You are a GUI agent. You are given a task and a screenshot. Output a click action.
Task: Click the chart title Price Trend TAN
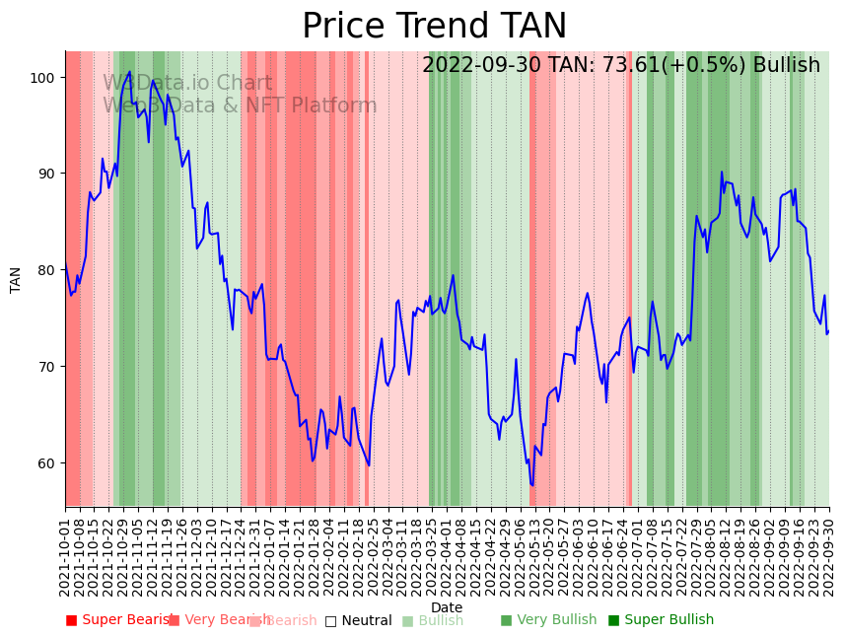point(434,27)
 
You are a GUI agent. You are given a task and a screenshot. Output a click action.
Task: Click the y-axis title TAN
point(16,280)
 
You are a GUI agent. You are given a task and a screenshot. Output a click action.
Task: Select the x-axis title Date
point(447,607)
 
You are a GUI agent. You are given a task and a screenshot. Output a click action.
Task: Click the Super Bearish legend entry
point(120,620)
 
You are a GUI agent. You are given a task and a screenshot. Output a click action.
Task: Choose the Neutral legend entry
point(358,620)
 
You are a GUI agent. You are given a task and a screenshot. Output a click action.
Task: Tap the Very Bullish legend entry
point(548,620)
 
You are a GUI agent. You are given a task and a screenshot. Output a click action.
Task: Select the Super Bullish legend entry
point(661,620)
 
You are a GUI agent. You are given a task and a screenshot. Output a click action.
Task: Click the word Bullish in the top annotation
point(786,66)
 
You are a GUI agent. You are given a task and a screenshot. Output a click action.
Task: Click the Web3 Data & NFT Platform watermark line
point(240,106)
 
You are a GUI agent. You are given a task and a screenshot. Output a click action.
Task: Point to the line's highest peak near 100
point(129,71)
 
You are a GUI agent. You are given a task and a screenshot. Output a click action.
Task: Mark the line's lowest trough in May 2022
point(532,485)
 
